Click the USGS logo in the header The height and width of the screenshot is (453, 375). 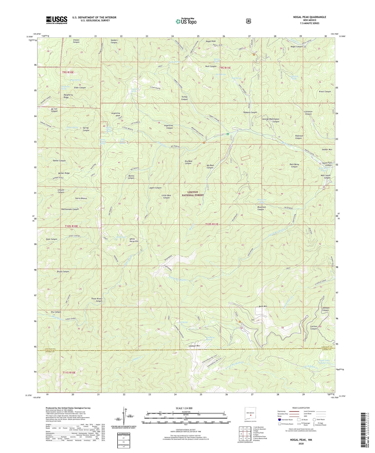[x=57, y=20]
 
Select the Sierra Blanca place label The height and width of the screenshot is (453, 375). [x=81, y=198]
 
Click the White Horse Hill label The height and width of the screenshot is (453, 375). [x=134, y=240]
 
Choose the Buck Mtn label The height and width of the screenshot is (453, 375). [x=263, y=306]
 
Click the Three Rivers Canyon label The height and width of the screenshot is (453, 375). [x=97, y=300]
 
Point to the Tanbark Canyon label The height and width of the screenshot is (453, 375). [x=250, y=112]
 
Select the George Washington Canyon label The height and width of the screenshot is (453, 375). [x=271, y=120]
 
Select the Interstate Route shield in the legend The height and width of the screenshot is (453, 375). [x=279, y=419]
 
